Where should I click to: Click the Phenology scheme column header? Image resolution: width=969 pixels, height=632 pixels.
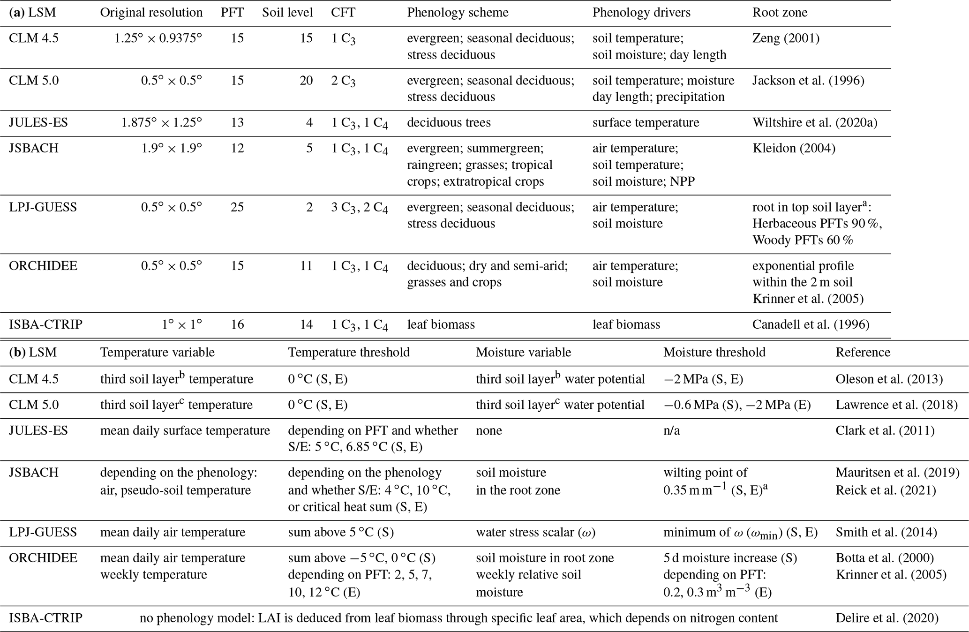(x=458, y=13)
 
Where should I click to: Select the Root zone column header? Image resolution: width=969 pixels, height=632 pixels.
(x=780, y=13)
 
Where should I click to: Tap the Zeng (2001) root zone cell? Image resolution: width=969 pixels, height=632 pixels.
(x=786, y=38)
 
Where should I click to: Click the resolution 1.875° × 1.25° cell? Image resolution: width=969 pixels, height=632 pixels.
(x=161, y=123)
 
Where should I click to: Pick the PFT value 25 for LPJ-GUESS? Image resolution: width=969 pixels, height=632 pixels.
(x=237, y=207)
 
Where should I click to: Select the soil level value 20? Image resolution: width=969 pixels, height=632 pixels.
(x=306, y=81)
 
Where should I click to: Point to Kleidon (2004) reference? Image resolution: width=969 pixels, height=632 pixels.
(x=794, y=149)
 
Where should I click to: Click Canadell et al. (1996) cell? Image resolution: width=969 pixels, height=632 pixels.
(x=811, y=324)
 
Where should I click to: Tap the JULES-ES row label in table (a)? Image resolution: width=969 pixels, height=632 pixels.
(x=38, y=123)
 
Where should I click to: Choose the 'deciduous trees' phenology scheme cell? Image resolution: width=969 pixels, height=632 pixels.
(x=449, y=123)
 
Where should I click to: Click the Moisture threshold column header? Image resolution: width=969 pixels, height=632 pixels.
(x=714, y=353)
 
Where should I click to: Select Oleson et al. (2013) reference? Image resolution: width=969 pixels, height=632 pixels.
(x=889, y=379)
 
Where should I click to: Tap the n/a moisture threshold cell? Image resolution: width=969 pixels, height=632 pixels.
(x=671, y=431)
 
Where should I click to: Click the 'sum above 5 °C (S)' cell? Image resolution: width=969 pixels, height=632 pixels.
(x=341, y=533)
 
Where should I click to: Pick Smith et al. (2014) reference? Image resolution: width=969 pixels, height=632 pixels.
(x=886, y=533)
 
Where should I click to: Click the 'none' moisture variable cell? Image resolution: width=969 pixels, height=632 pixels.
(x=488, y=431)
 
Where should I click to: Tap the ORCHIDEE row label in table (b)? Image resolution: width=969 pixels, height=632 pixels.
(x=43, y=558)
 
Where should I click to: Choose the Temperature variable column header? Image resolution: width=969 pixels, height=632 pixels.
(x=157, y=353)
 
